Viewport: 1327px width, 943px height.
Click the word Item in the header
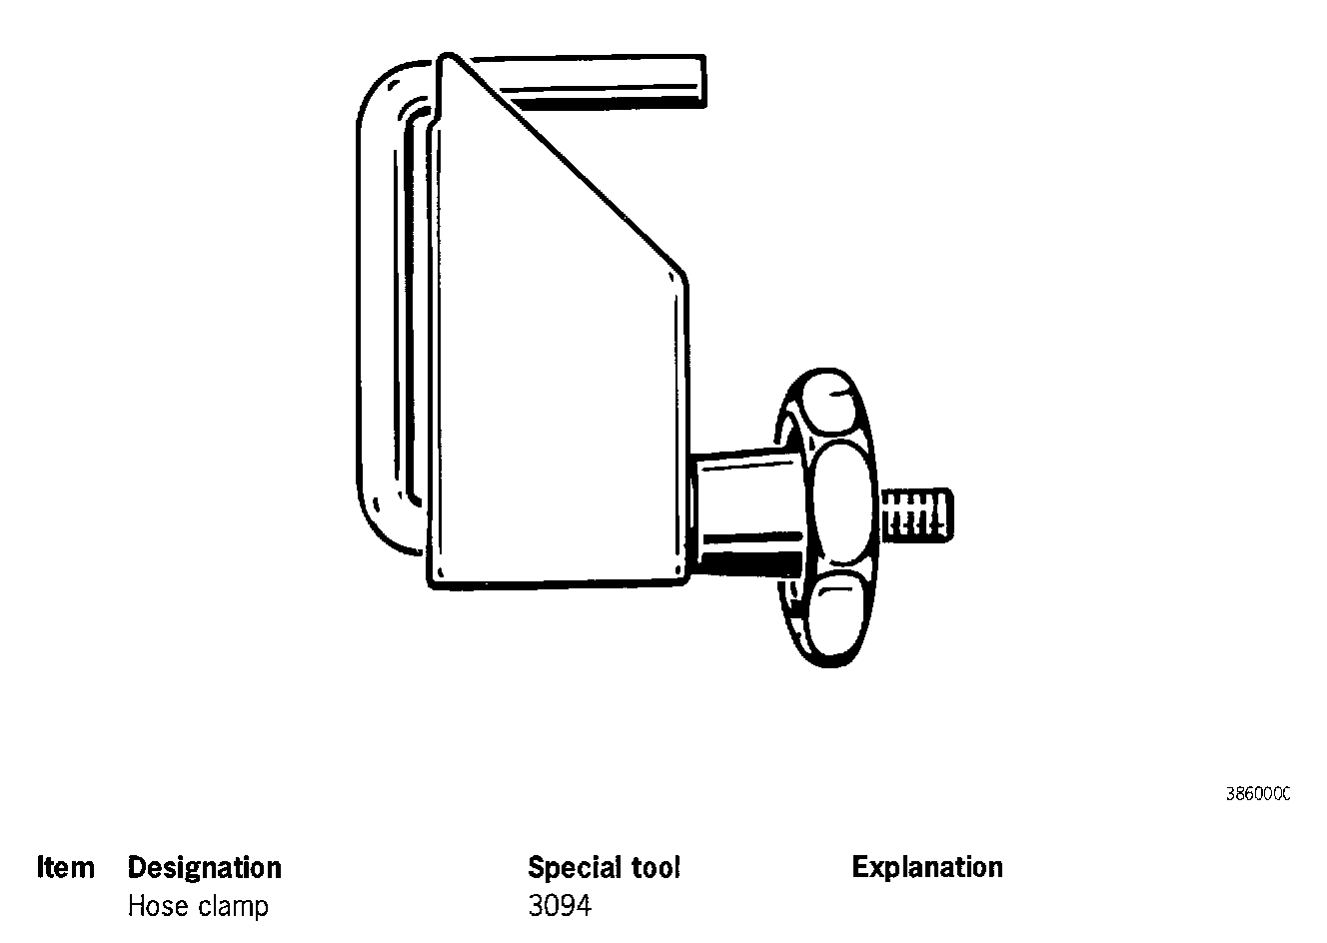(66, 867)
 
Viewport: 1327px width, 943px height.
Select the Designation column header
(204, 867)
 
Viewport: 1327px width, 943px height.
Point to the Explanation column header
(927, 867)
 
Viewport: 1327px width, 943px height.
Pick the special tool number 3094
(560, 907)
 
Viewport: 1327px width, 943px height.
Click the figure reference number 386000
(1257, 794)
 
